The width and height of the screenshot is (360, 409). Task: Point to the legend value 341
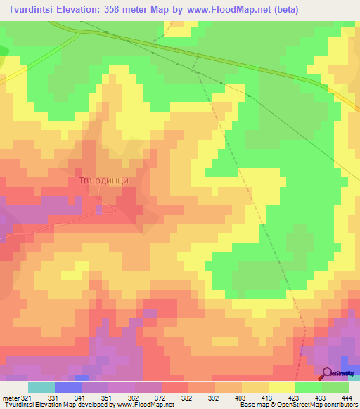click(x=80, y=397)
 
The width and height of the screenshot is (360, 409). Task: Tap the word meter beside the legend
click(x=9, y=397)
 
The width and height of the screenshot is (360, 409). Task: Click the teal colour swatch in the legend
click(x=41, y=387)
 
